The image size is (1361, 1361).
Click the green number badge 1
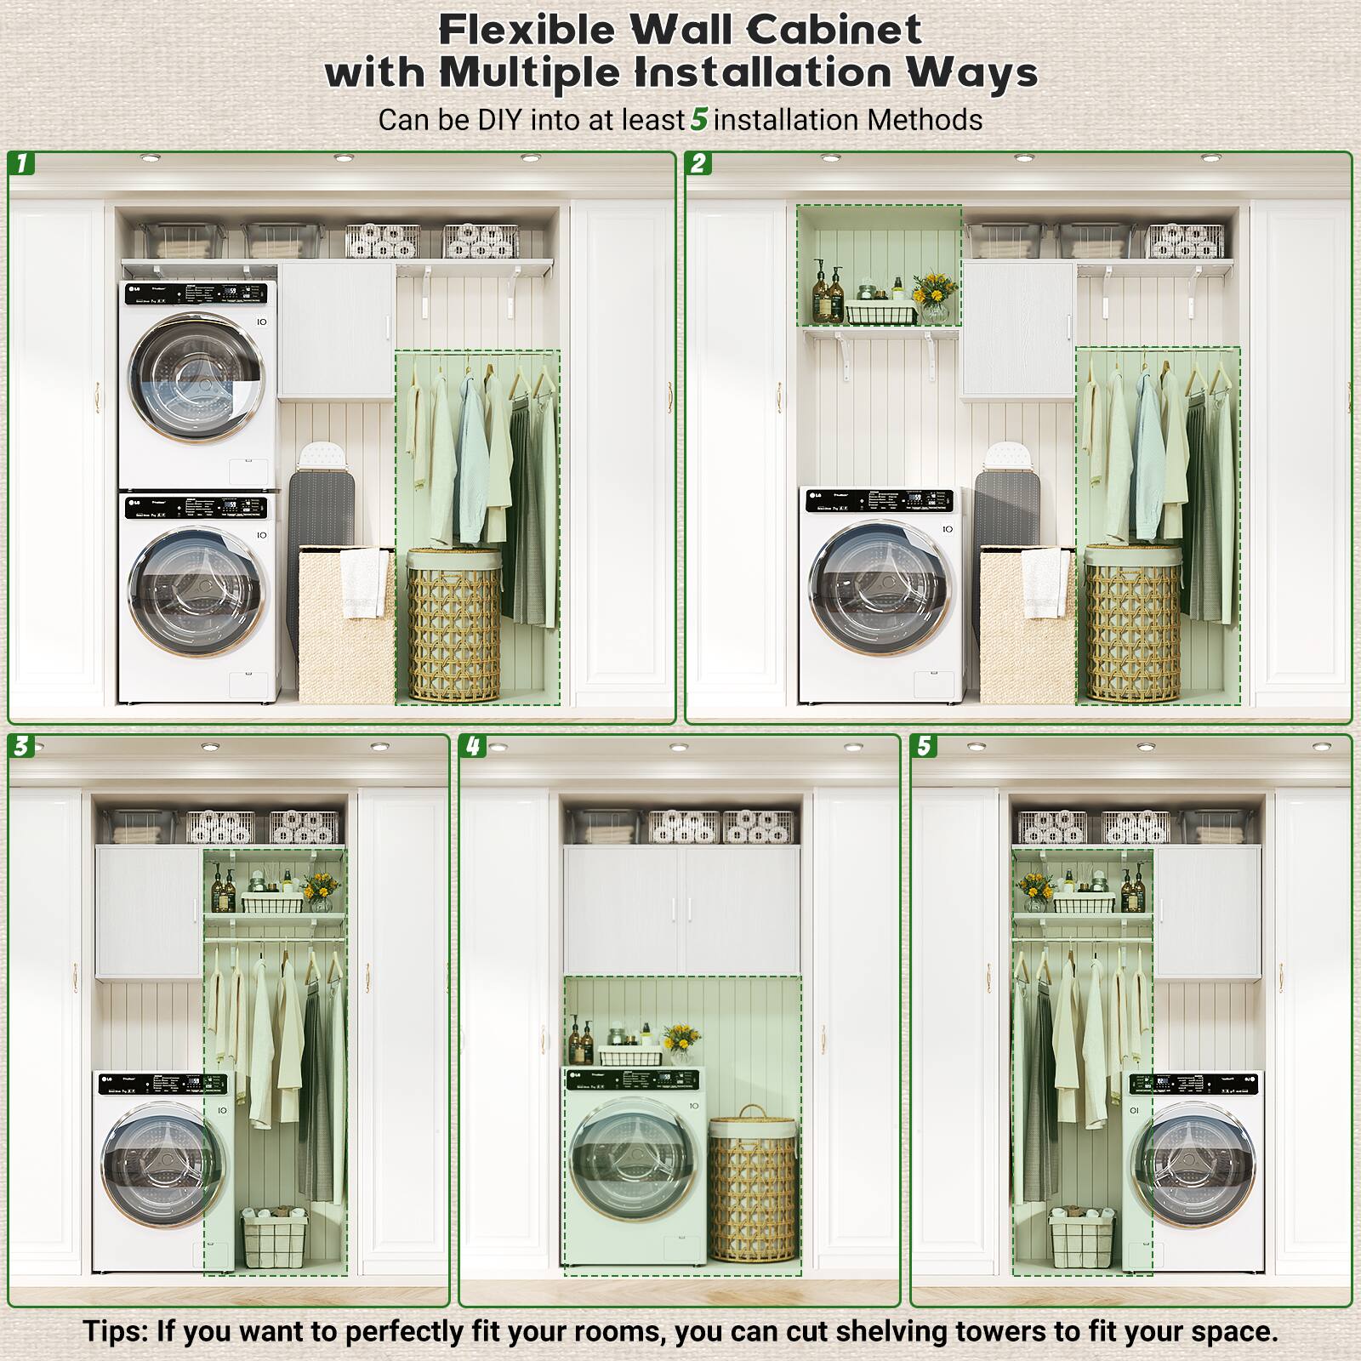click(x=22, y=163)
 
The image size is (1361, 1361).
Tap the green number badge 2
click(x=699, y=163)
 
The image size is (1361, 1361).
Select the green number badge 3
click(x=22, y=747)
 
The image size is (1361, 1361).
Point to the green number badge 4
click(x=473, y=747)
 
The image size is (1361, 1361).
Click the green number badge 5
click(x=924, y=747)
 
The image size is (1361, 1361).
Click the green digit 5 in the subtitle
click(x=699, y=119)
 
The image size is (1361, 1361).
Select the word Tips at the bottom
click(x=115, y=1331)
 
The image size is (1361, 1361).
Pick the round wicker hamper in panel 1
click(x=453, y=625)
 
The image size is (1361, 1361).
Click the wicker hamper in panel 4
click(x=753, y=1187)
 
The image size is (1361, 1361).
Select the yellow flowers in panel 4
click(x=680, y=1038)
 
